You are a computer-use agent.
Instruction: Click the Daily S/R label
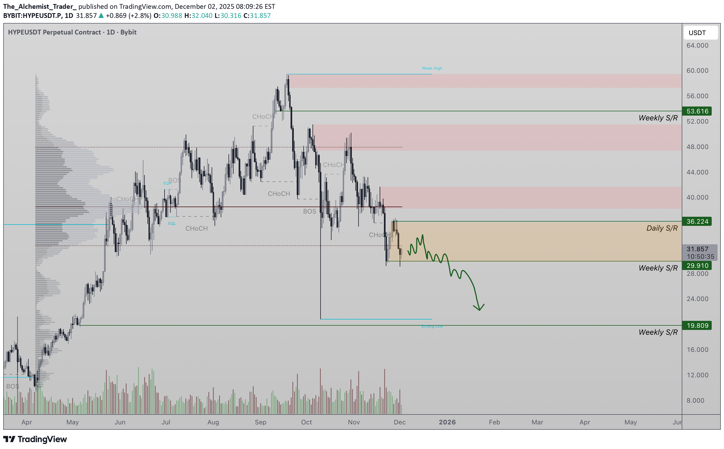pos(662,228)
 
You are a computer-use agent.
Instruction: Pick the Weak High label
pos(432,68)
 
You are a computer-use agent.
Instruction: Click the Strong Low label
pos(432,326)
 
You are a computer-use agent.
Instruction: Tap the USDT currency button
pos(700,33)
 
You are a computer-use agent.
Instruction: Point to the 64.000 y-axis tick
pos(697,45)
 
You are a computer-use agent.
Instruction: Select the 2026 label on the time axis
pos(447,422)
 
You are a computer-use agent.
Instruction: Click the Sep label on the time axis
pos(260,422)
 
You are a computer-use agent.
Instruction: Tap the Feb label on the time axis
pos(494,422)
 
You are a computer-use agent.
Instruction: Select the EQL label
pos(172,223)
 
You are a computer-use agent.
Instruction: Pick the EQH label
pos(167,183)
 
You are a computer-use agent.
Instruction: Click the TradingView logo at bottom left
pos(35,439)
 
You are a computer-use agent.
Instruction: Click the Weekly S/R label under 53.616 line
pos(658,118)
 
